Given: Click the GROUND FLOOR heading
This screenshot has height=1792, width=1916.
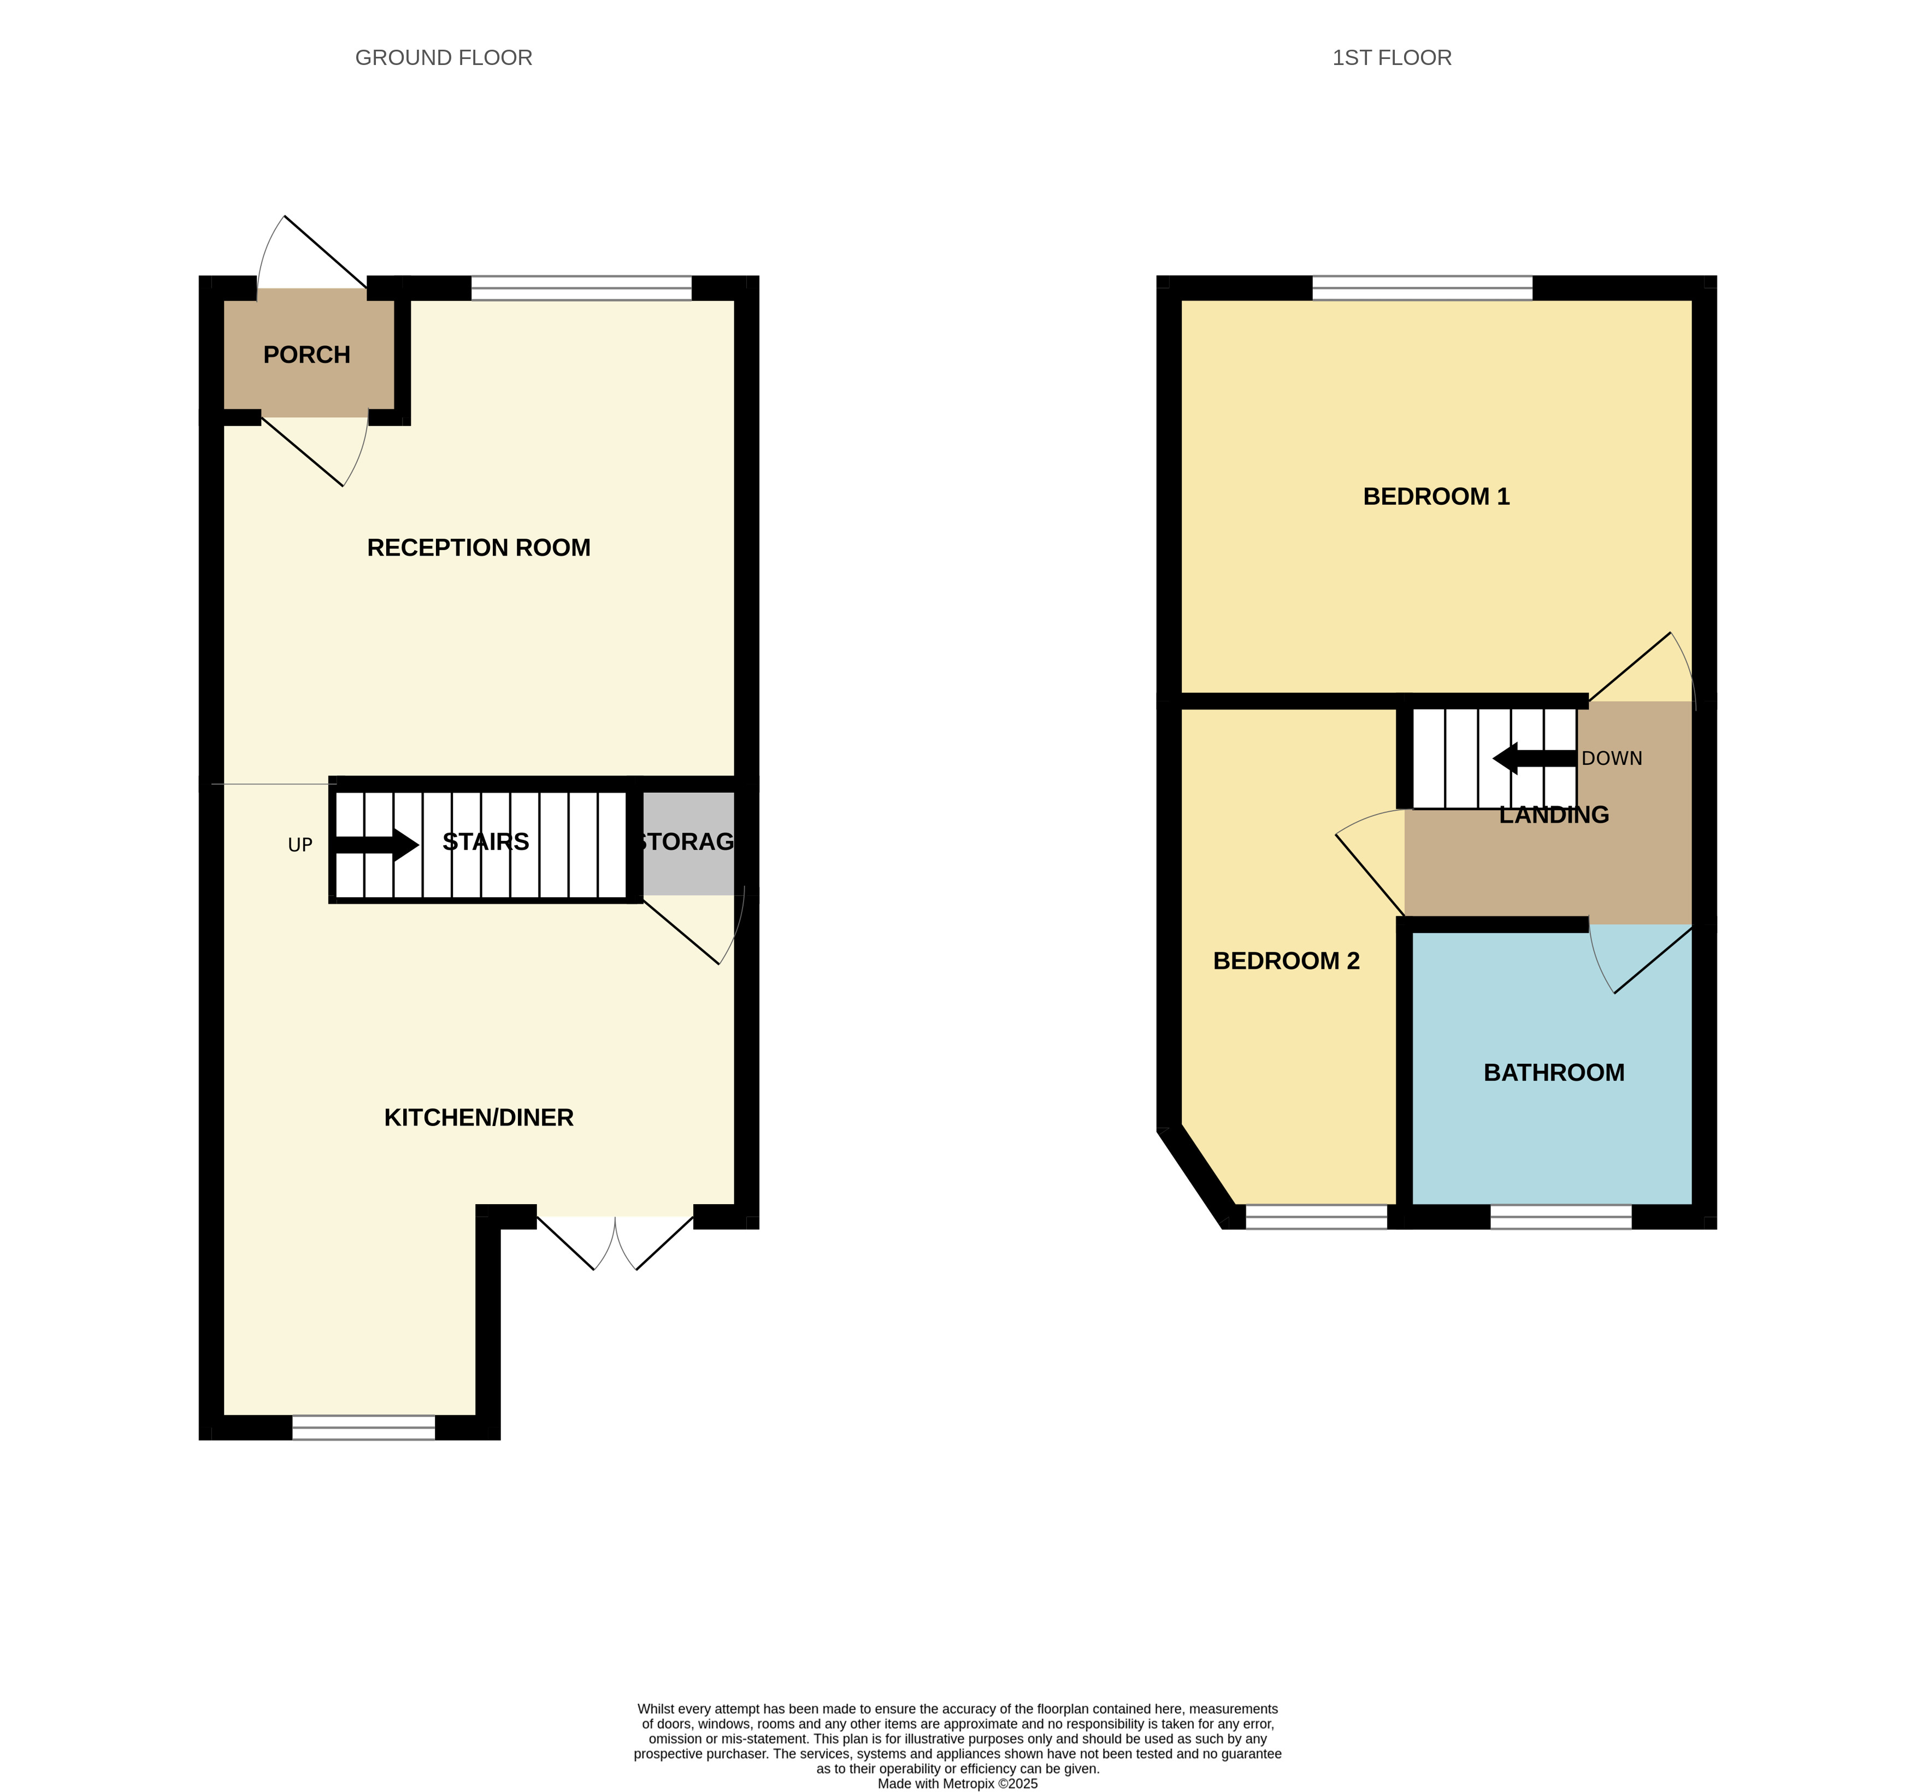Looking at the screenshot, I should [x=443, y=58].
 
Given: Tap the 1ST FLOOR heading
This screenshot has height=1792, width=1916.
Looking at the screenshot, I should [x=1391, y=58].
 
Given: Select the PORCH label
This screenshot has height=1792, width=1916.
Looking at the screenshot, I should [x=306, y=355].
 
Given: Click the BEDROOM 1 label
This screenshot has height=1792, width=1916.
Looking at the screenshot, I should [x=1435, y=497].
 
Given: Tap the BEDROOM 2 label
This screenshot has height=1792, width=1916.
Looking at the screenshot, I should [x=1286, y=961].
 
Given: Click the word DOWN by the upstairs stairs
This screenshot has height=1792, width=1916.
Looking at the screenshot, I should [x=1612, y=759].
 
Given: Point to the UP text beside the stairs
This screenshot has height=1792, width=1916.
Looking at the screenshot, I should [x=300, y=845].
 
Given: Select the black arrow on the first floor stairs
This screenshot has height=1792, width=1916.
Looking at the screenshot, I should [x=1534, y=759].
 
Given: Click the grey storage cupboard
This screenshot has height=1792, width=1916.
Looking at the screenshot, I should [x=688, y=842].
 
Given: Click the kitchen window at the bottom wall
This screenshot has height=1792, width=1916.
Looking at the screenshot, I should [x=363, y=1428].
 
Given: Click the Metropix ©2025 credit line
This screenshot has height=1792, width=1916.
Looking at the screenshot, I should [x=957, y=1783].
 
